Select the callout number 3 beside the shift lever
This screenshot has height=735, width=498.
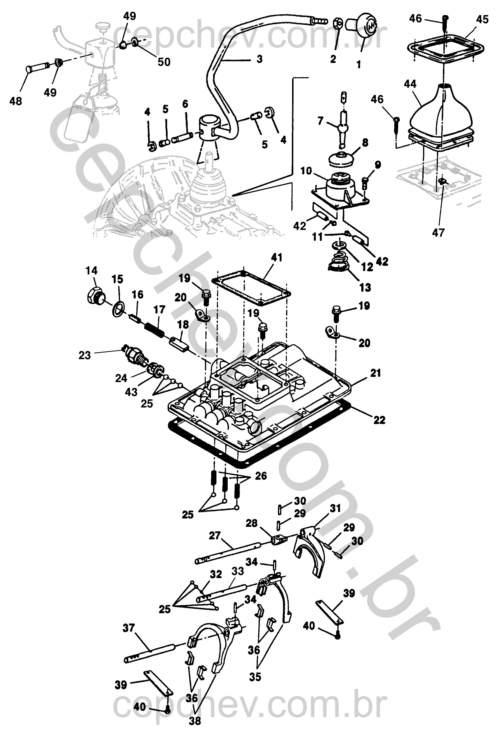(x=260, y=59)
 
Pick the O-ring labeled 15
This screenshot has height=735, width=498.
(x=118, y=309)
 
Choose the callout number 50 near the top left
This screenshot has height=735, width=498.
(x=164, y=62)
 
